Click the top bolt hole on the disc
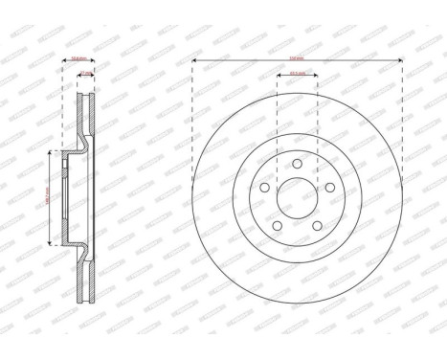[297, 166]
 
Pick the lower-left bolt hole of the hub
[279, 225]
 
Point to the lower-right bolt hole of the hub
[315, 225]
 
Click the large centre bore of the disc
[297, 198]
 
